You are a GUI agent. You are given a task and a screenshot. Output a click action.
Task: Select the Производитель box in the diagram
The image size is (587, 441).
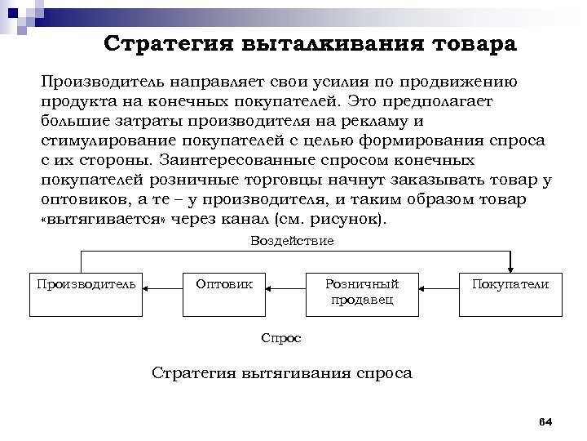tap(84, 292)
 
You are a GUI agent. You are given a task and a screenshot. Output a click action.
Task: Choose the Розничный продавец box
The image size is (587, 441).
tap(362, 292)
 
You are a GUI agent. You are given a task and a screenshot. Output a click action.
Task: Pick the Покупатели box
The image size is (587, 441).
tap(510, 292)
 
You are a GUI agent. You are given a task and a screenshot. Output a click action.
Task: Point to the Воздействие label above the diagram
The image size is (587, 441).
tap(291, 241)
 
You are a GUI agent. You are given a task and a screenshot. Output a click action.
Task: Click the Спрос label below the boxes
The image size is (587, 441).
tap(281, 337)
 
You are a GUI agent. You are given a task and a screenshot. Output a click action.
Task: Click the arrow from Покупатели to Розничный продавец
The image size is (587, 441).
tap(439, 288)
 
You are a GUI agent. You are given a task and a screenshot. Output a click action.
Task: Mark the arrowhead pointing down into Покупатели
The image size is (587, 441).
tap(510, 266)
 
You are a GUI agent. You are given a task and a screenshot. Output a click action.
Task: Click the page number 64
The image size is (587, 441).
tap(546, 421)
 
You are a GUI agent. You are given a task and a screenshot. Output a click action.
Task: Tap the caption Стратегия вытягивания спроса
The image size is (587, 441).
tap(283, 373)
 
